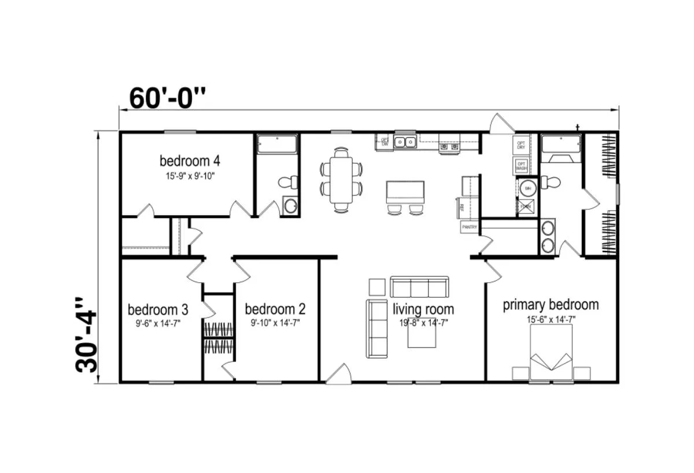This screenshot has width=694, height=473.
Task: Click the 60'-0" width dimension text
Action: [167, 98]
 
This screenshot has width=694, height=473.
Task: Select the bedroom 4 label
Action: [190, 160]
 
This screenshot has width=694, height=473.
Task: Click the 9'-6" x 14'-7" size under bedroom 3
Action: [158, 324]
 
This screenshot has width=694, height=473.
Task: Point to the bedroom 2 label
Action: [275, 309]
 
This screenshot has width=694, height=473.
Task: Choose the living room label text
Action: [423, 309]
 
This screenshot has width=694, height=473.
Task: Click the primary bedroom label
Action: [551, 305]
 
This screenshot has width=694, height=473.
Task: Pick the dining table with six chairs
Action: [342, 178]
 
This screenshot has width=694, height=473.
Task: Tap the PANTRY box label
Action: [469, 228]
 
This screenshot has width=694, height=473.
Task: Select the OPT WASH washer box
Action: [521, 167]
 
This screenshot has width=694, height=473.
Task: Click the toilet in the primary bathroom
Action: [551, 182]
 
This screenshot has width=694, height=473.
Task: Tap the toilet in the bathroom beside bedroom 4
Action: [286, 182]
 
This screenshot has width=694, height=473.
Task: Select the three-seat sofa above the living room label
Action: [419, 287]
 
